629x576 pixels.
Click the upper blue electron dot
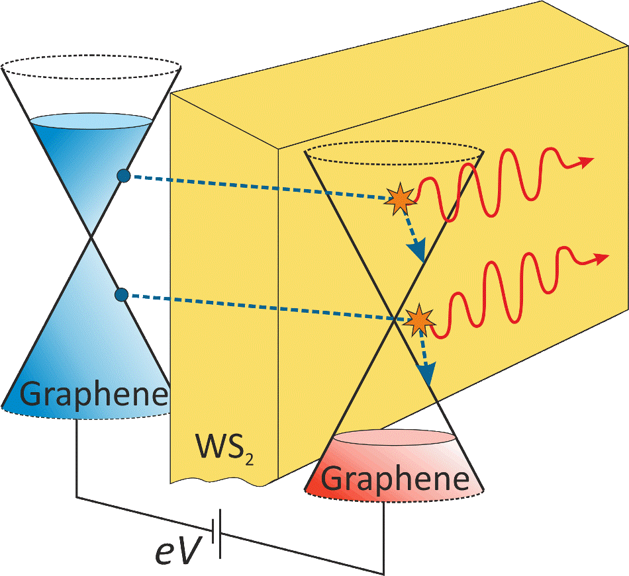click(124, 175)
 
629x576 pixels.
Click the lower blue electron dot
click(121, 295)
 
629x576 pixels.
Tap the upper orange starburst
click(399, 199)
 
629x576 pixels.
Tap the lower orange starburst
click(419, 320)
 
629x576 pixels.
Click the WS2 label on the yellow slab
click(224, 448)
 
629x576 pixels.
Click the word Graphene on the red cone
click(395, 478)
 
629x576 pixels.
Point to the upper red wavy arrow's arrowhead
click(586, 162)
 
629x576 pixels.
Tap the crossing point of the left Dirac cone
click(92, 237)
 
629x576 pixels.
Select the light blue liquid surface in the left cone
click(91, 122)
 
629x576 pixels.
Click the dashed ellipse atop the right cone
click(395, 141)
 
